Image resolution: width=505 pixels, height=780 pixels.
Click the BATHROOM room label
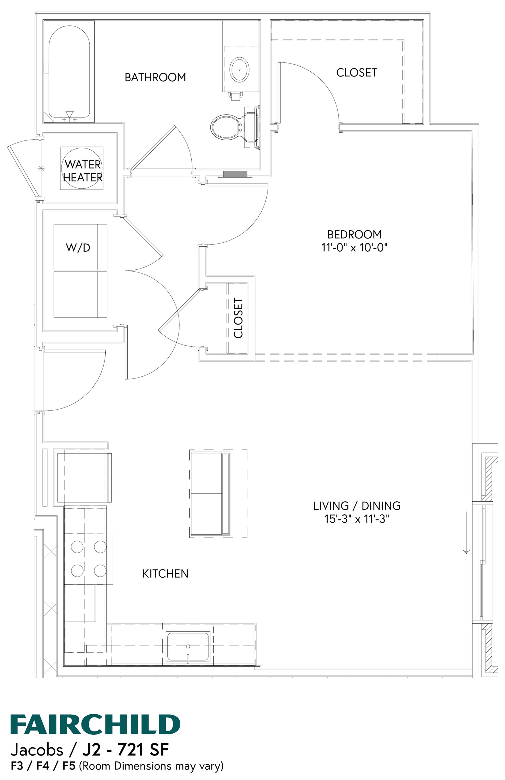[x=155, y=77]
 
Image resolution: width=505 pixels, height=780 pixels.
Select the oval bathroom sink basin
[x=239, y=69]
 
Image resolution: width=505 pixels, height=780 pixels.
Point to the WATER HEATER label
[x=83, y=170]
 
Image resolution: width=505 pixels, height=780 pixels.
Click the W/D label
[x=78, y=247]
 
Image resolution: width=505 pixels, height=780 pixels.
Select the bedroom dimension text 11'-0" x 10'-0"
[x=354, y=247]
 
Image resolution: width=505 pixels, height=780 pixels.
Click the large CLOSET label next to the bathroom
[x=357, y=73]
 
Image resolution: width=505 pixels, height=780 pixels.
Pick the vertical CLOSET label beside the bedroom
[x=238, y=318]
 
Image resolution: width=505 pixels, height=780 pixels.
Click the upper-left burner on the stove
[x=77, y=547]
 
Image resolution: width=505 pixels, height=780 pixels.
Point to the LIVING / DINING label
[x=357, y=506]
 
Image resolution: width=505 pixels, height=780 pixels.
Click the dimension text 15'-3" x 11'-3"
[x=357, y=519]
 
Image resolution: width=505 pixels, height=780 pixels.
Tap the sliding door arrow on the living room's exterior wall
[x=466, y=533]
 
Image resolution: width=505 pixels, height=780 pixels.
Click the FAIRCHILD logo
[x=95, y=724]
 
